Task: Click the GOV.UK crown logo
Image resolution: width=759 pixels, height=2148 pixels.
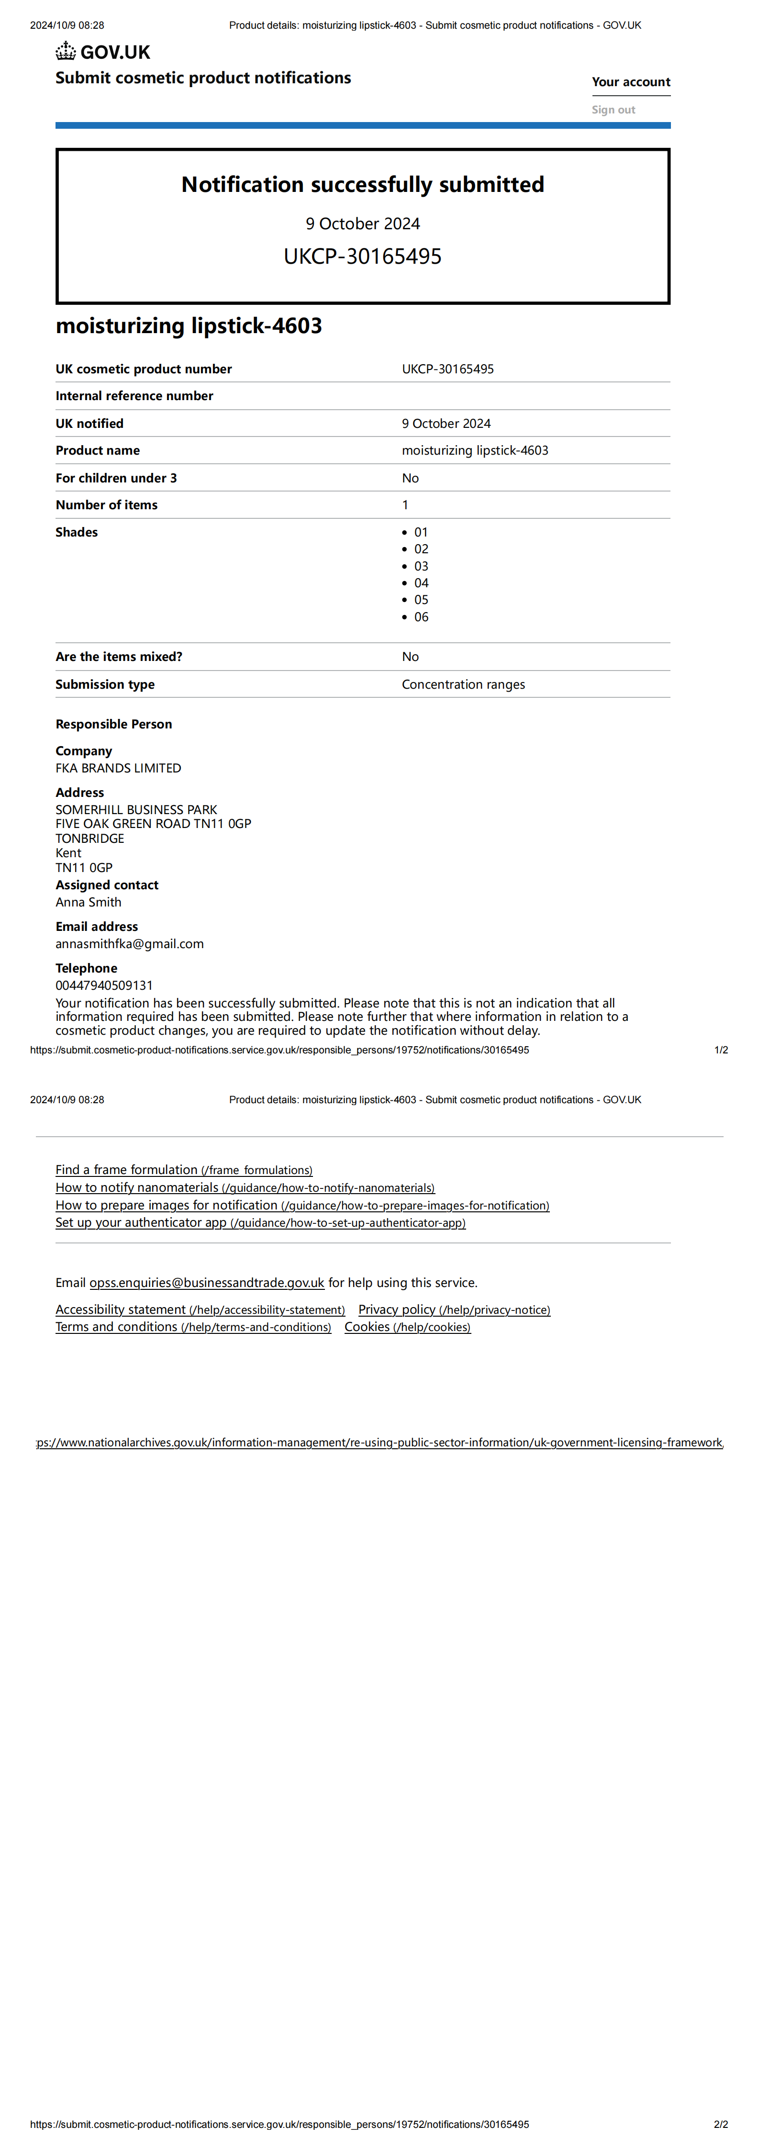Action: [66, 52]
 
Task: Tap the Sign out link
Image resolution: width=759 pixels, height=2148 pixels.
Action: [613, 109]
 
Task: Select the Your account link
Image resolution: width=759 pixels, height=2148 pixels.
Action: [631, 82]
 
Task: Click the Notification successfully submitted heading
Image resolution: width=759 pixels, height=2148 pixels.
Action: [363, 184]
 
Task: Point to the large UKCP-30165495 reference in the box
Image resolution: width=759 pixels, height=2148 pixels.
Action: [363, 256]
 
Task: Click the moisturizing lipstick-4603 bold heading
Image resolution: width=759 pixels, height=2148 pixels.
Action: [189, 325]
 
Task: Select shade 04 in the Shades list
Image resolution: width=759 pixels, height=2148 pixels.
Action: [421, 583]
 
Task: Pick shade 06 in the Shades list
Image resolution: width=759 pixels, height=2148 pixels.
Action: [421, 617]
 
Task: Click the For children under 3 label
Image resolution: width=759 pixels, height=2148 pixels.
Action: [116, 478]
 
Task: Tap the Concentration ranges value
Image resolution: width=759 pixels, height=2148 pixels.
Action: [463, 684]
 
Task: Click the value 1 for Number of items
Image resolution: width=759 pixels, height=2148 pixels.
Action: [405, 504]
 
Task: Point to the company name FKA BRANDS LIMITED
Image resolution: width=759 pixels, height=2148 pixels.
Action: [118, 768]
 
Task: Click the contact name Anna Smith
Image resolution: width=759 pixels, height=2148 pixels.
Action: [89, 902]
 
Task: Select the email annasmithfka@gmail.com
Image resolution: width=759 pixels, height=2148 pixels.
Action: [129, 944]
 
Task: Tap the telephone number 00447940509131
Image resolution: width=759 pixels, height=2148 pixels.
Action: [104, 985]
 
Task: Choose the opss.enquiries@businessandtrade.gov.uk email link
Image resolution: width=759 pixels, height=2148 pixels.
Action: [207, 1283]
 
